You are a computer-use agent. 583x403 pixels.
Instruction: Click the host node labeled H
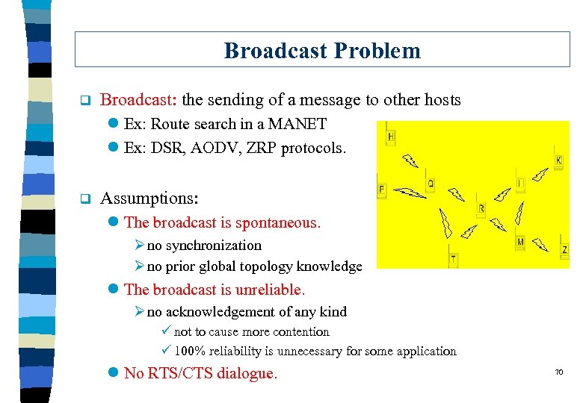391,137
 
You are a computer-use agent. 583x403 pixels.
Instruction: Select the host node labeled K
558,160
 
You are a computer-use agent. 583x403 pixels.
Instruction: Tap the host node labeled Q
431,184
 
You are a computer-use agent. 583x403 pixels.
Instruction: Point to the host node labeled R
481,207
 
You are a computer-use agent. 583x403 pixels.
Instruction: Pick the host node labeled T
453,259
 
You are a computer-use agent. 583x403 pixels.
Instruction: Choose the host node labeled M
520,241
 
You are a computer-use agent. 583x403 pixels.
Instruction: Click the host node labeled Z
564,249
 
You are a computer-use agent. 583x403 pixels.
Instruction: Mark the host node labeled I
519,183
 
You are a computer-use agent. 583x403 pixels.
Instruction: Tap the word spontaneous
277,222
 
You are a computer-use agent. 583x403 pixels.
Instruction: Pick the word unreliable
266,289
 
